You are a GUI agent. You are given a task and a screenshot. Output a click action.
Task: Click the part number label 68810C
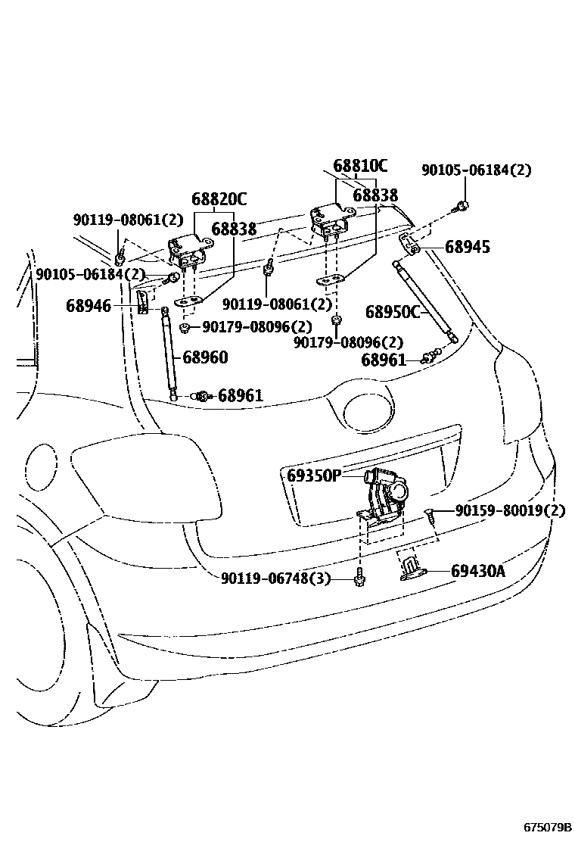360,166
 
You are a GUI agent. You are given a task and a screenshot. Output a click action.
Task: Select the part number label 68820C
219,200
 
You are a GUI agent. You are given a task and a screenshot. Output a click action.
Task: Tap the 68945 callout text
467,247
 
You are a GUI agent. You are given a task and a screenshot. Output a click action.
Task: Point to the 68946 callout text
89,306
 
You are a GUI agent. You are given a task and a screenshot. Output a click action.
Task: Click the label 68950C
392,312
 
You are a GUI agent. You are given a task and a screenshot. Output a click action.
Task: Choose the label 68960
204,357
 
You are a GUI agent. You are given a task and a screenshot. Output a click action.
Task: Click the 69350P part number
314,476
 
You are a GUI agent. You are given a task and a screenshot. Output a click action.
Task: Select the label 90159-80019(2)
510,511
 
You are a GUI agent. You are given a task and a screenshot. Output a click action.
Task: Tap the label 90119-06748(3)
276,578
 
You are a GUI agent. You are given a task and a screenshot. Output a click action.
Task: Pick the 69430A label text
477,571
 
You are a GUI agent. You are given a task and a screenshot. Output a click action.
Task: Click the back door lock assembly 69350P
386,496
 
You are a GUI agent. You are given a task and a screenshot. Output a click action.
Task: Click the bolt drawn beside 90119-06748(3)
360,578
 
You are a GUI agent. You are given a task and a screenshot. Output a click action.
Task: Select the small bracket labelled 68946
142,301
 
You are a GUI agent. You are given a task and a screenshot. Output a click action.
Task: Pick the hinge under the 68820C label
185,251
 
